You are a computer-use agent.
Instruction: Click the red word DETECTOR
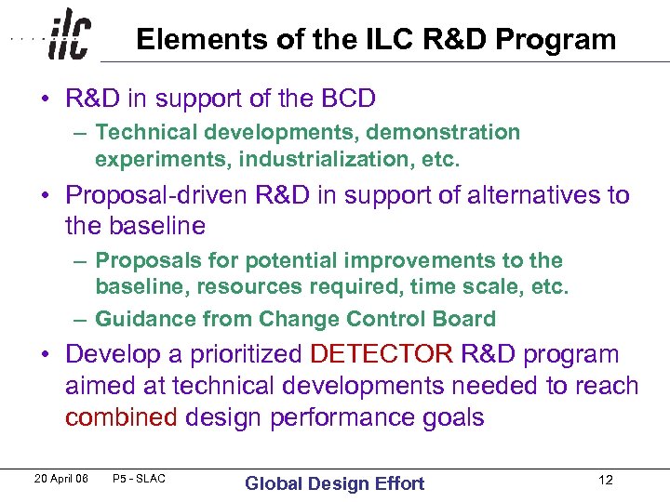[382, 355]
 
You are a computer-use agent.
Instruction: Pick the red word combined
[121, 417]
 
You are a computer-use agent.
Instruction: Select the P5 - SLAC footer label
[139, 479]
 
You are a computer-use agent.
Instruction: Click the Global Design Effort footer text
[334, 482]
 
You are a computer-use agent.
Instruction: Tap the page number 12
[605, 481]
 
